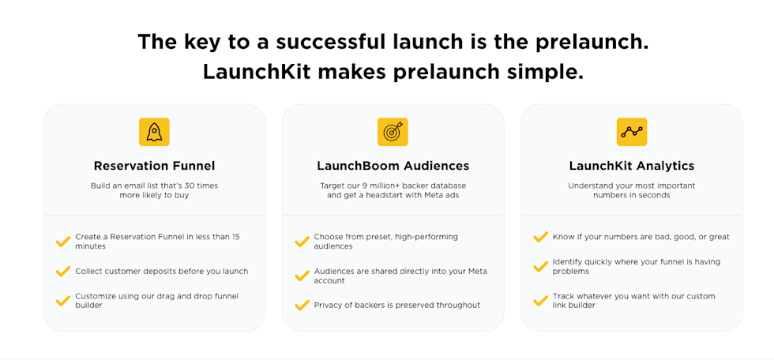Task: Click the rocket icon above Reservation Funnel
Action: point(154,132)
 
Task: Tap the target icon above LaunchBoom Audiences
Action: point(393,132)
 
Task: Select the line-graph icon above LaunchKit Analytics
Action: point(632,132)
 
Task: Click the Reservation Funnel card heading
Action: point(155,166)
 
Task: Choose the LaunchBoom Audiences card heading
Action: point(393,166)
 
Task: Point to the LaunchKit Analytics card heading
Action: point(632,166)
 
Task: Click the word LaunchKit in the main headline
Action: point(256,72)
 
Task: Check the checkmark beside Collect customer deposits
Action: point(63,272)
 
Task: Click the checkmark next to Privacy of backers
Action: point(302,306)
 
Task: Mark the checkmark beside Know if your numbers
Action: point(540,237)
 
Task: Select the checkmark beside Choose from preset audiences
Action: point(302,242)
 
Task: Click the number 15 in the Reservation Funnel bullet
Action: point(235,237)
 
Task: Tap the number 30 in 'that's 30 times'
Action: point(187,186)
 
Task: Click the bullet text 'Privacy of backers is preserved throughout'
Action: point(396,306)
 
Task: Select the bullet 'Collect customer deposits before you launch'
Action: point(162,272)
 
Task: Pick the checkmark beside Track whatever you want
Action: point(540,301)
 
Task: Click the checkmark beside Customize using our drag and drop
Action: point(63,301)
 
